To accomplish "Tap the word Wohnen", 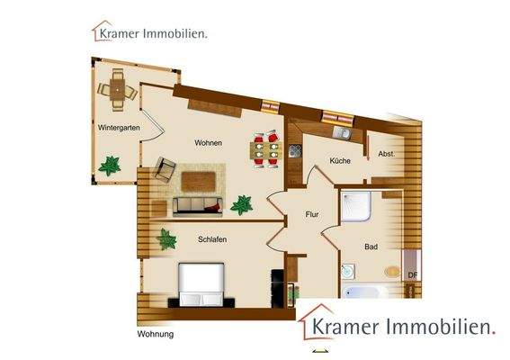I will click(x=208, y=143).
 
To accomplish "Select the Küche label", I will click(x=339, y=161).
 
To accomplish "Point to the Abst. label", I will click(x=387, y=153).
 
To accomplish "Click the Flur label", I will click(x=312, y=215).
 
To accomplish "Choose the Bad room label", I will click(x=371, y=246).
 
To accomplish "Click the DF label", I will click(x=412, y=275).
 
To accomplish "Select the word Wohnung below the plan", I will click(x=155, y=335).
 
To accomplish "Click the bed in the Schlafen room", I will click(x=201, y=283).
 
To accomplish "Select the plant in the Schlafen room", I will click(x=166, y=239).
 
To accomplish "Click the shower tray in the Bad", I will click(x=358, y=208).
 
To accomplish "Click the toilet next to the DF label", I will click(x=392, y=271).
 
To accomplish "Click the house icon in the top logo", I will click(x=101, y=31).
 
